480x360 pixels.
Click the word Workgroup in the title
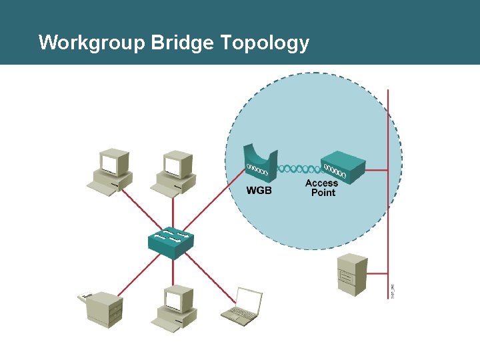pos(92,43)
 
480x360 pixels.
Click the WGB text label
pos(259,190)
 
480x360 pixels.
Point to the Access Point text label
pos(322,188)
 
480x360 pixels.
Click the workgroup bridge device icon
pos(259,163)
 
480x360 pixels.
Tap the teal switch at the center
pos(171,243)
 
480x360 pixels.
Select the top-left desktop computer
pos(112,171)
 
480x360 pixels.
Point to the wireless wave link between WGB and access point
pos(299,168)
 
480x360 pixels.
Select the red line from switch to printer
pos(138,273)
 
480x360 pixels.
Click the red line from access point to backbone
pos(377,170)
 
